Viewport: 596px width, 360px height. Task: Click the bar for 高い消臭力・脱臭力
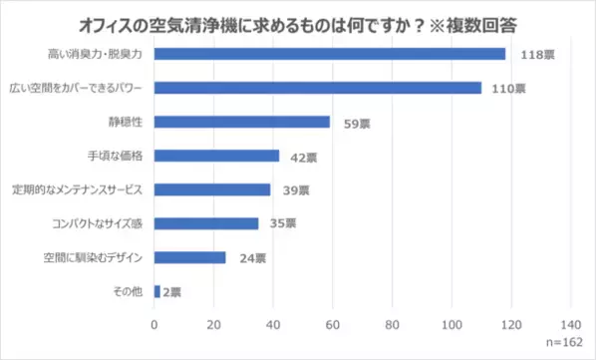[x=329, y=54]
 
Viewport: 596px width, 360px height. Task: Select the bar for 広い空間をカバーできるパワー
[x=317, y=88]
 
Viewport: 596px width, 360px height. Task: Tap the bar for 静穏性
[x=241, y=122]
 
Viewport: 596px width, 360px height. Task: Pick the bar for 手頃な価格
[x=216, y=156]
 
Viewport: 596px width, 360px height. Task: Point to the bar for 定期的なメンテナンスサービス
[x=211, y=189]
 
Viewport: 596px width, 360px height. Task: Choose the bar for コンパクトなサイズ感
[x=205, y=223]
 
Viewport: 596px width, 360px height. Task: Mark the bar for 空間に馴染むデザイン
[x=189, y=257]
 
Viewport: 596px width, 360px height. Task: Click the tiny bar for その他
[x=156, y=291]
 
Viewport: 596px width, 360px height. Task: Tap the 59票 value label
[x=350, y=123]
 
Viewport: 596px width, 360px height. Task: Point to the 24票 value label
[x=251, y=258]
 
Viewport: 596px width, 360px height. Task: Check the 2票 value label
[x=172, y=292]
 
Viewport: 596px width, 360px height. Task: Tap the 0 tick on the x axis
[x=154, y=325]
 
